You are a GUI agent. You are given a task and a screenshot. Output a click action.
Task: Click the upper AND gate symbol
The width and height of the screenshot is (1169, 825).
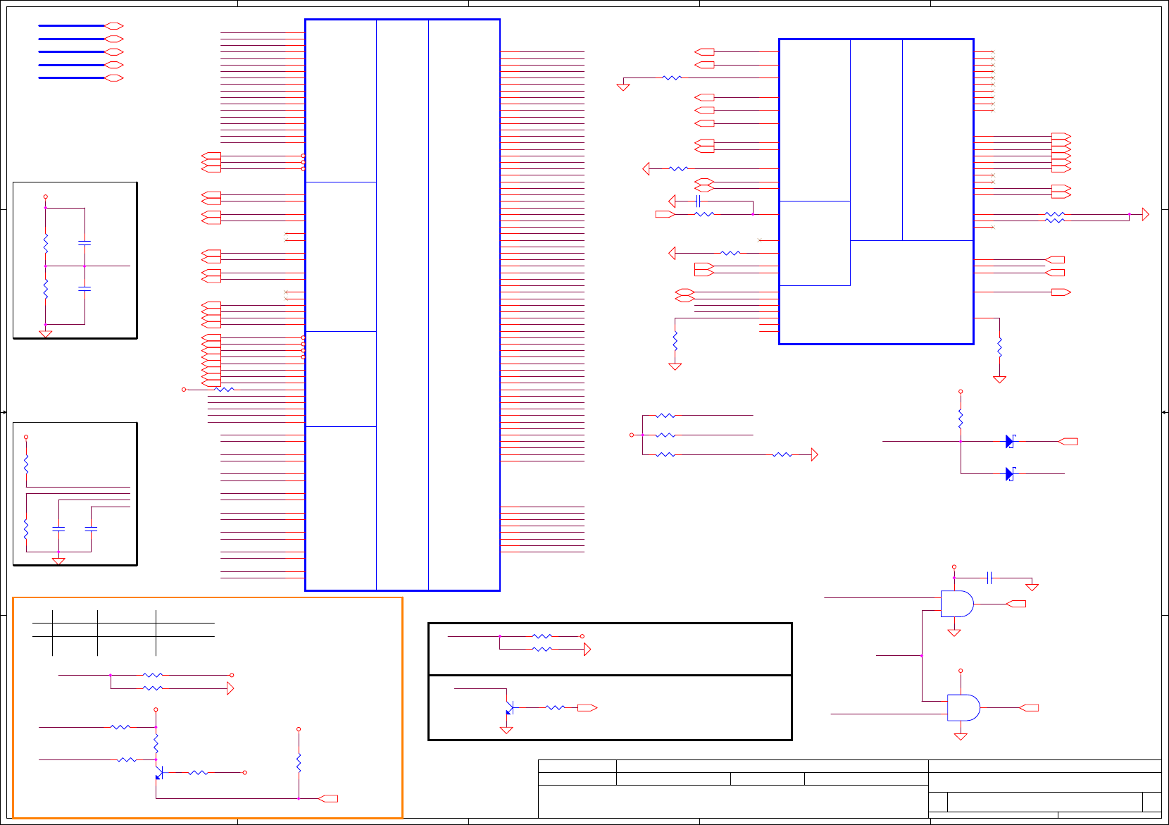coord(956,604)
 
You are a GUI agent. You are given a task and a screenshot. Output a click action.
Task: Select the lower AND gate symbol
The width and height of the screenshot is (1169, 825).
coord(963,707)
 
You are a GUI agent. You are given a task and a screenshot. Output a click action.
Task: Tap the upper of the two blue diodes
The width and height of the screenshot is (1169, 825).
coord(1010,442)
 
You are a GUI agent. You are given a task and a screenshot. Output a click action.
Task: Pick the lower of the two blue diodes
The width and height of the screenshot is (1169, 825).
coord(1010,474)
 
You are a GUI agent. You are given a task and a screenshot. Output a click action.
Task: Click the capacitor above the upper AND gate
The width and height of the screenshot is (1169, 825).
coord(989,578)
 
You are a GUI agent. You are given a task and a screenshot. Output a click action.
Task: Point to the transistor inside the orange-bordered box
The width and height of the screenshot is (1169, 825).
coord(159,774)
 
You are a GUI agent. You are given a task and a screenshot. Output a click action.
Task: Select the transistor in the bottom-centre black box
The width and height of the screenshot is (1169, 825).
coord(509,708)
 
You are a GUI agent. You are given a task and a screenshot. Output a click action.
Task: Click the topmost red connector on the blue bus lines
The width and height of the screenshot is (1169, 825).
coord(114,26)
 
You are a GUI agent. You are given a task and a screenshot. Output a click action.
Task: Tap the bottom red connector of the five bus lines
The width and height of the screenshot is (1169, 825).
coord(114,78)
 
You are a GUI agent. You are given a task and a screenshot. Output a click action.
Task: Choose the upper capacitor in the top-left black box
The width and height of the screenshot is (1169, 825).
coord(85,242)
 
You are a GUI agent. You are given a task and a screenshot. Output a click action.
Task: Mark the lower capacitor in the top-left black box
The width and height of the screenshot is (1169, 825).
coord(85,289)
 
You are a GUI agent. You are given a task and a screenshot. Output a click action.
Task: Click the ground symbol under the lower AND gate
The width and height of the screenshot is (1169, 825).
coord(961,737)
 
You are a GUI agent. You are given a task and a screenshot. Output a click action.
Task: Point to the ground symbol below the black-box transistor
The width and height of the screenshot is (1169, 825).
coord(506,731)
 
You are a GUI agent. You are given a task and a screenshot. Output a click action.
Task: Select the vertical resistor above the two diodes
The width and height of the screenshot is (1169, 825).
coord(961,420)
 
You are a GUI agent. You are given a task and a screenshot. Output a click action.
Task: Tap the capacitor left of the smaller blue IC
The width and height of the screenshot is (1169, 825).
coord(698,201)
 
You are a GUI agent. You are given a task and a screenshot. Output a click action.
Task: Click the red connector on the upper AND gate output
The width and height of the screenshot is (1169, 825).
coord(1017,604)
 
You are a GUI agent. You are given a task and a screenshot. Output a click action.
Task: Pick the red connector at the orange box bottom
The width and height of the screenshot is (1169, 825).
coord(328,799)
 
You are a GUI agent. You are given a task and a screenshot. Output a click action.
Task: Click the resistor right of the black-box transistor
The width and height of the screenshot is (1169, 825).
coord(555,707)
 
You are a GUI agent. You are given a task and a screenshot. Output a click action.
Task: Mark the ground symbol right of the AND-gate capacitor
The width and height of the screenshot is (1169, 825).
coord(1032,587)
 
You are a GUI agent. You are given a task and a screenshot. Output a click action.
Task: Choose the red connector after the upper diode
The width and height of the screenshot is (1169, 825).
coord(1068,442)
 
